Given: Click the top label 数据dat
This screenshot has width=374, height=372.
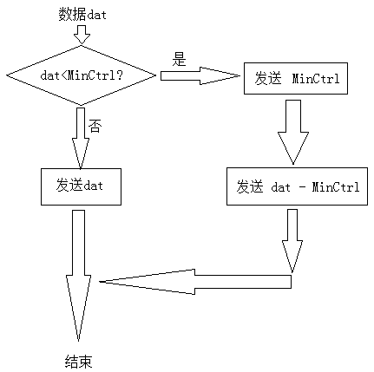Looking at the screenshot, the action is [x=82, y=14].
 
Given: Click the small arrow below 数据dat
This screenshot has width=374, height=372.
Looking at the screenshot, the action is [x=82, y=35].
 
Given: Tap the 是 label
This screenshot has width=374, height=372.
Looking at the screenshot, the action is [x=179, y=59].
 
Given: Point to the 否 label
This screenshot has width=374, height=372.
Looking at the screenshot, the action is [x=95, y=126].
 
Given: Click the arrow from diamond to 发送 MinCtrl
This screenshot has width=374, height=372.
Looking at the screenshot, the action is [x=200, y=75].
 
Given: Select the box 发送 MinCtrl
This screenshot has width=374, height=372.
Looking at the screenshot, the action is [x=296, y=78].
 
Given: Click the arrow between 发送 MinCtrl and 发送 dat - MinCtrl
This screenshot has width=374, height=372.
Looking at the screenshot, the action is [x=293, y=132].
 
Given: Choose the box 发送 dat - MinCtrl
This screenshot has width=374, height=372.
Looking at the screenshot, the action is [x=297, y=186].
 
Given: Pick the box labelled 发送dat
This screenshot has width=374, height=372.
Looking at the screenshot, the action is [x=81, y=186].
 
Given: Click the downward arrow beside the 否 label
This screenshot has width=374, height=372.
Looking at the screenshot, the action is [x=81, y=138].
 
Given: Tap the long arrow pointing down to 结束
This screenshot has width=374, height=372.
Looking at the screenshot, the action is [x=78, y=276].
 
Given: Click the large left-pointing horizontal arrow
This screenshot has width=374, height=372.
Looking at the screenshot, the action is [x=195, y=282].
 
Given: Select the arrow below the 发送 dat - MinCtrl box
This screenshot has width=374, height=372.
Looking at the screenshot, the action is [x=292, y=241].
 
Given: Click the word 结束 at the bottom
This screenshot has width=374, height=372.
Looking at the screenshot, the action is [x=78, y=362].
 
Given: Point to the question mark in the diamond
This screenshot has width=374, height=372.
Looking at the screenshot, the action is [x=119, y=75].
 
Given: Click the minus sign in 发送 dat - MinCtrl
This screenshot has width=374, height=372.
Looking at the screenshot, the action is [x=302, y=187].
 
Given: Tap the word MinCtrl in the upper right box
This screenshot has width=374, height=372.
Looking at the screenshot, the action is [x=316, y=78].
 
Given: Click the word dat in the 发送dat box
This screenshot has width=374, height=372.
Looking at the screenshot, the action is [x=93, y=185].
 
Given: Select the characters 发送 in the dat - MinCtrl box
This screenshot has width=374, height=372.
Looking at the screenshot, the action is [x=250, y=186].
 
